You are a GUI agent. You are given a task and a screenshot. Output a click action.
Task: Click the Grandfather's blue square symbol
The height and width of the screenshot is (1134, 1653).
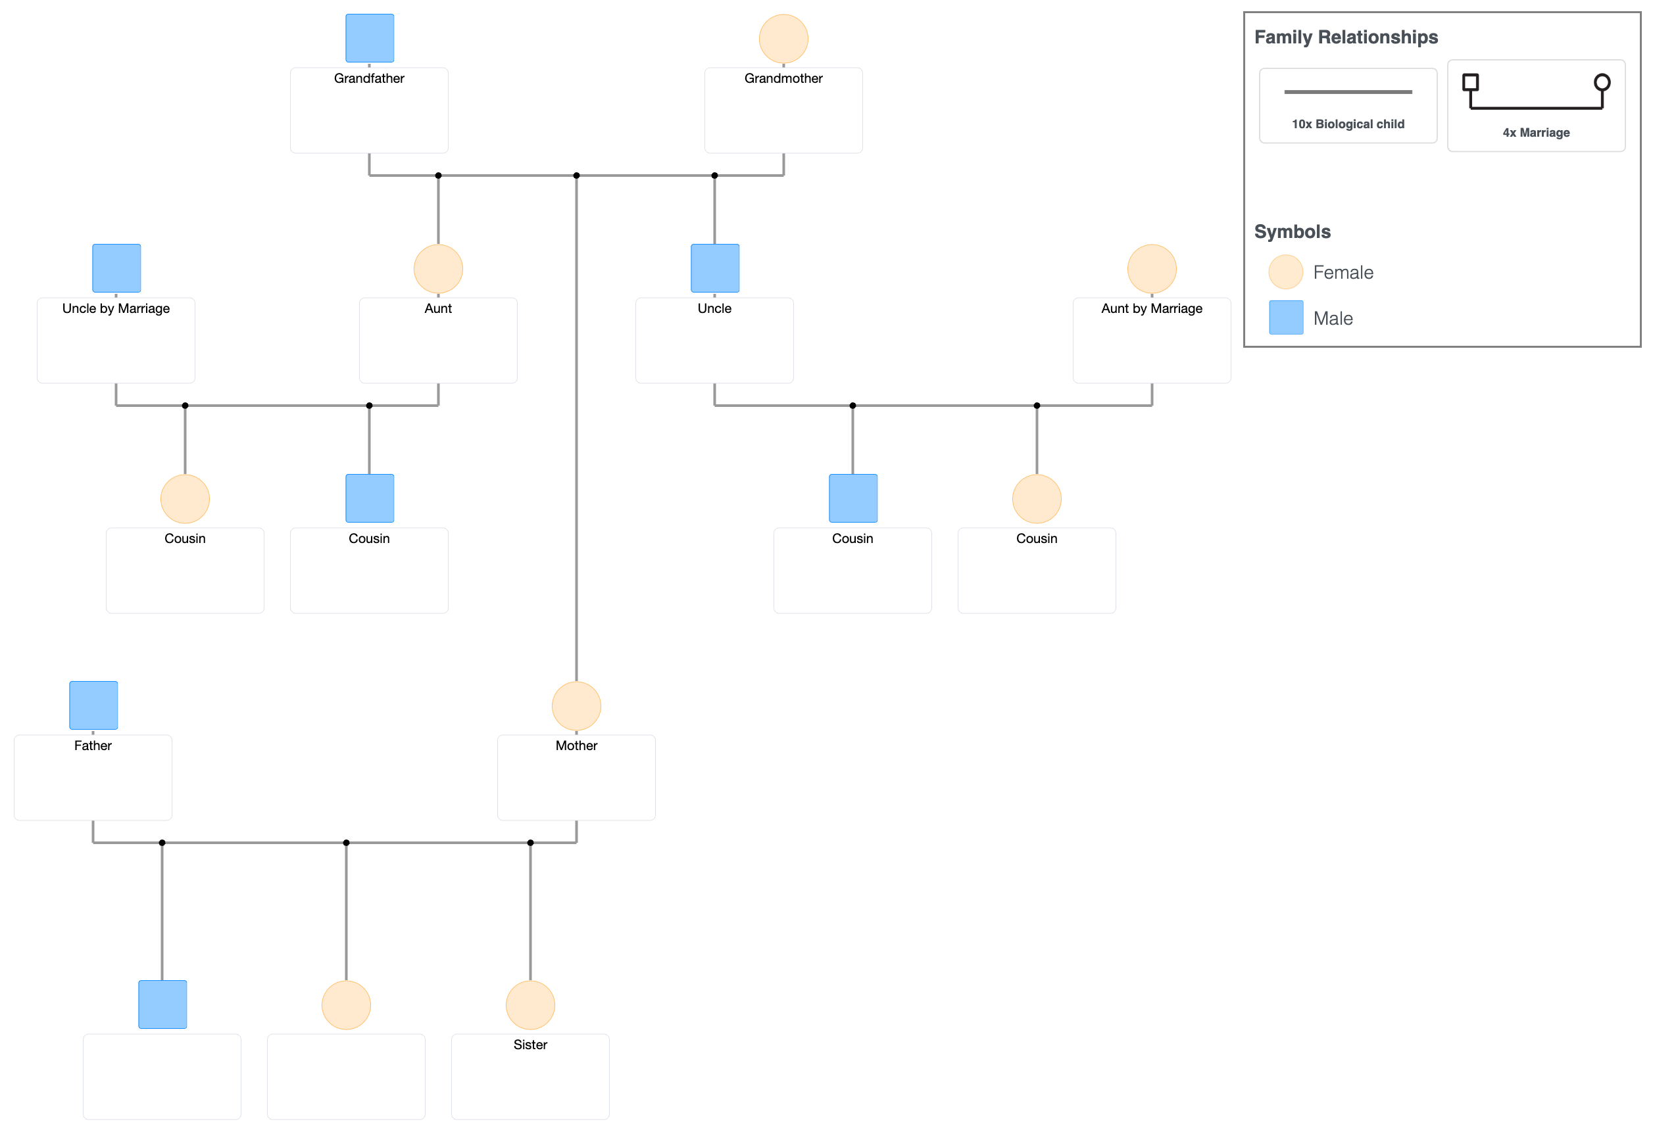(369, 38)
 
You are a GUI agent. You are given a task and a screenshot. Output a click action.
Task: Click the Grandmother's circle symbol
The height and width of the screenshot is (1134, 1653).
(783, 38)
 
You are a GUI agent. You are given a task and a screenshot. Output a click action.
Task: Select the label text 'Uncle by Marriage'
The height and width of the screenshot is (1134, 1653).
(116, 308)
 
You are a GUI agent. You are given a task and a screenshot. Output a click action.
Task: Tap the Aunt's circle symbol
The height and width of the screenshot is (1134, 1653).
(438, 269)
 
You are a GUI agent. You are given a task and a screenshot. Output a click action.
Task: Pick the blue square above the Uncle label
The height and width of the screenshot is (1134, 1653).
(715, 268)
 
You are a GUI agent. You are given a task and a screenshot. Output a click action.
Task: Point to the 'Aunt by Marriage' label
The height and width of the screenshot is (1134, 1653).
(1152, 308)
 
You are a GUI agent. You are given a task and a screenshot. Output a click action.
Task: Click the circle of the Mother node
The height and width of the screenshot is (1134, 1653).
(576, 706)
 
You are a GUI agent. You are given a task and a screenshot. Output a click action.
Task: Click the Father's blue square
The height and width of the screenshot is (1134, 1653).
(93, 705)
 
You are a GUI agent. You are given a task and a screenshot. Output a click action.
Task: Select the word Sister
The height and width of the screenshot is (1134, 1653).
(530, 1045)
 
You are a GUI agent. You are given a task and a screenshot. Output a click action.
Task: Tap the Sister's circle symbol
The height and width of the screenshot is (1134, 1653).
(530, 1004)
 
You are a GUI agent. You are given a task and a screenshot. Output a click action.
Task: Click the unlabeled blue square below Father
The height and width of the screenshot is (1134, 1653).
(162, 1004)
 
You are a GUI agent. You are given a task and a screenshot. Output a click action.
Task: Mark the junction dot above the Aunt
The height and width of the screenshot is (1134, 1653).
(438, 176)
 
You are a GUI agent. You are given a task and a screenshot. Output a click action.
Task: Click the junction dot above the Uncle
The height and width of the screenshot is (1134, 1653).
(715, 176)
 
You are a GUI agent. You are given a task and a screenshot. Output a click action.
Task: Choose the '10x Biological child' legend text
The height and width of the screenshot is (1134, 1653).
(1348, 124)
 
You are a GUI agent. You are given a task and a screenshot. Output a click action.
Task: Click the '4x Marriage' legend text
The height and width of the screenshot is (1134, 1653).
(1536, 133)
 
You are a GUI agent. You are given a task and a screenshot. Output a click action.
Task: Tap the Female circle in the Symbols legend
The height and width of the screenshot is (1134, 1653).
(1285, 272)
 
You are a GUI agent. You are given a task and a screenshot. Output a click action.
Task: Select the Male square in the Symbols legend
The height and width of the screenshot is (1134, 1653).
(1286, 318)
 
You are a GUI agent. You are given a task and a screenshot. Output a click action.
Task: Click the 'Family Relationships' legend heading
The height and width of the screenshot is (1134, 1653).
(1346, 37)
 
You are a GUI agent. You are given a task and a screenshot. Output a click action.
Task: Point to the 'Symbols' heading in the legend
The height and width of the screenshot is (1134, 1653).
(1292, 232)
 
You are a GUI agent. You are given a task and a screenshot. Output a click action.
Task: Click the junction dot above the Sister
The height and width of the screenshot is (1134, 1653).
(530, 843)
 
